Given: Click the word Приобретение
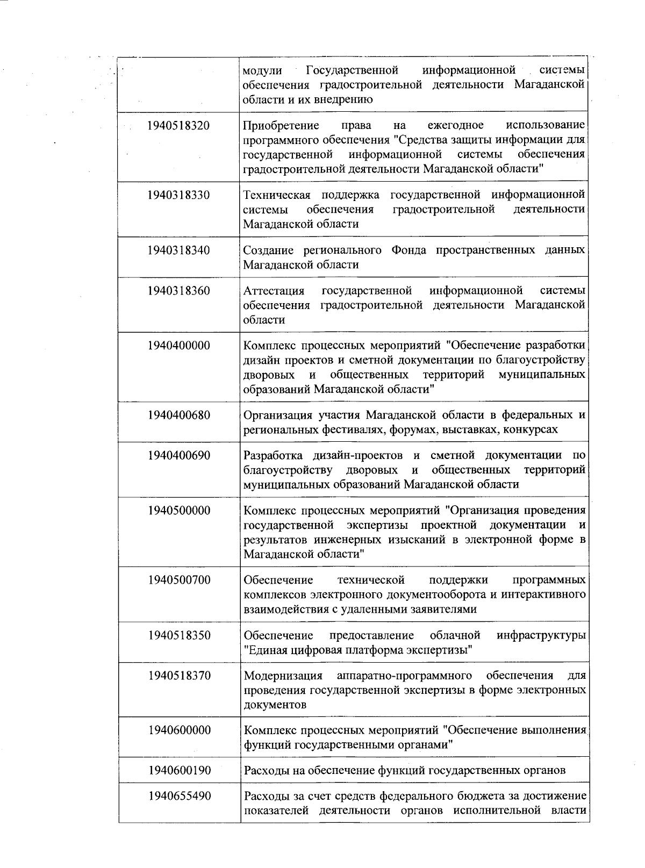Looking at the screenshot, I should [281, 126].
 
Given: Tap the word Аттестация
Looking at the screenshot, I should [274, 291].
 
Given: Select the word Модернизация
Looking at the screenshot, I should [283, 676].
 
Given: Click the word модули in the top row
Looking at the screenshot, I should [262, 71].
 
